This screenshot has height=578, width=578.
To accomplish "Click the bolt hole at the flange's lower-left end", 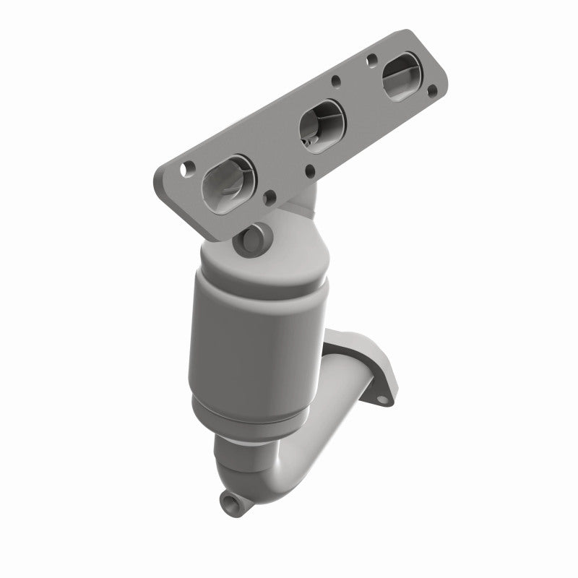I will pyautogui.click(x=186, y=168).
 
